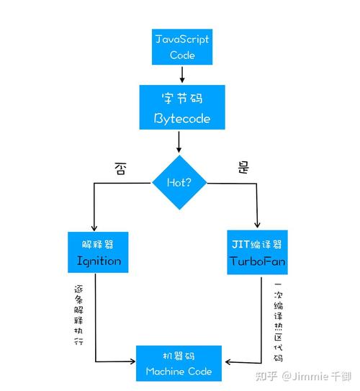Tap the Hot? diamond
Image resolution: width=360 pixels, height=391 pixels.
179,182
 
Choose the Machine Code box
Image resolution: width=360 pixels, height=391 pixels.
179,363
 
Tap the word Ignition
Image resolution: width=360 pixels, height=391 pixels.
99,261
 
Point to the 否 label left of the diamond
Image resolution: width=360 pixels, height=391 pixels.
121,168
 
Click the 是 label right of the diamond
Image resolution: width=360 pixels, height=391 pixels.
243,168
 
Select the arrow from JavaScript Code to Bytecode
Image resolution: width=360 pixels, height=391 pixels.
182,75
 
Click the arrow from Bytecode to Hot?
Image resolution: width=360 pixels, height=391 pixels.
179,144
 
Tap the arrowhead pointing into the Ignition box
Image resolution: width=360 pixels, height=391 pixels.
94,226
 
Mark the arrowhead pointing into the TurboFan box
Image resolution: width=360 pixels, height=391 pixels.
257,226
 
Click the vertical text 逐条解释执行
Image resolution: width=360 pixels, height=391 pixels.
79,314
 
